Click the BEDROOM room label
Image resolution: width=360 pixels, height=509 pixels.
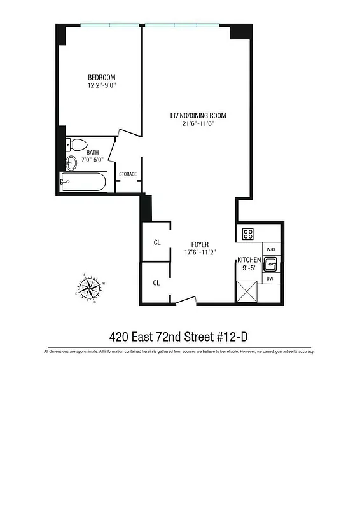click(x=102, y=78)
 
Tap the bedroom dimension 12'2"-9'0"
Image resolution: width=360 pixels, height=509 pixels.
click(x=102, y=85)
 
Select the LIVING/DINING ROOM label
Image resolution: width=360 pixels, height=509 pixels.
click(x=198, y=116)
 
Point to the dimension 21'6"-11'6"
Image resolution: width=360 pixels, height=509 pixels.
click(x=198, y=123)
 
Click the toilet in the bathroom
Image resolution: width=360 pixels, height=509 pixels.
click(x=77, y=144)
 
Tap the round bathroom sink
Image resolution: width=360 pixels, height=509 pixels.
click(x=71, y=163)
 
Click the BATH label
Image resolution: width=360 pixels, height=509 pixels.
click(x=93, y=152)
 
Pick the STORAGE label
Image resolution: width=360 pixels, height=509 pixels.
click(x=128, y=174)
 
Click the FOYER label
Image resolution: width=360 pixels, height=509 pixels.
click(x=200, y=244)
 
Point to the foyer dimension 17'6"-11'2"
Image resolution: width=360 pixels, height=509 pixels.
click(x=200, y=252)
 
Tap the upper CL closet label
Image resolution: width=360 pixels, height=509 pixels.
click(x=156, y=242)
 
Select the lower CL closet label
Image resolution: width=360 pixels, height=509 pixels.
click(x=156, y=282)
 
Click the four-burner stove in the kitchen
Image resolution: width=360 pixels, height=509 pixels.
click(x=248, y=234)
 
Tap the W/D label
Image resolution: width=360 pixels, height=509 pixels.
click(x=270, y=249)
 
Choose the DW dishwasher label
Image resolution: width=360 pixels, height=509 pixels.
click(x=270, y=279)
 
